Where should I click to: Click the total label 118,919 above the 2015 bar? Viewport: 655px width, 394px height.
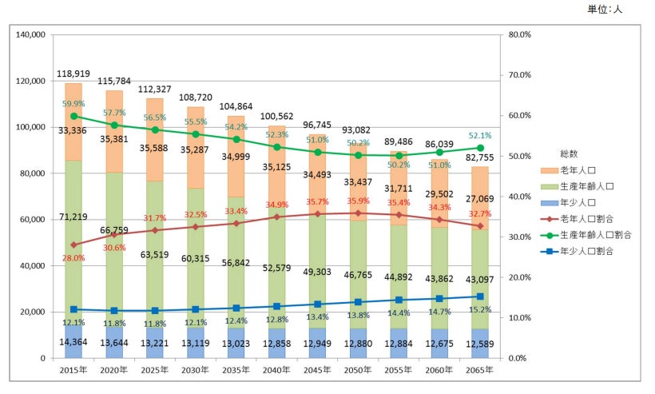73,74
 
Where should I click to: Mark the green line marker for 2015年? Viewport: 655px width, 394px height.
73,116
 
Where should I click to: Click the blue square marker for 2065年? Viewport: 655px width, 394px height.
481,296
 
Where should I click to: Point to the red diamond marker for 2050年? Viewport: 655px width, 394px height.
359,213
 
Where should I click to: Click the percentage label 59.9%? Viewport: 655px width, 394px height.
73,103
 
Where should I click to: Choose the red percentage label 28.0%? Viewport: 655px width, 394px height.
73,258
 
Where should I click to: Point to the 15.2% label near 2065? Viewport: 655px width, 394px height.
481,310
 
